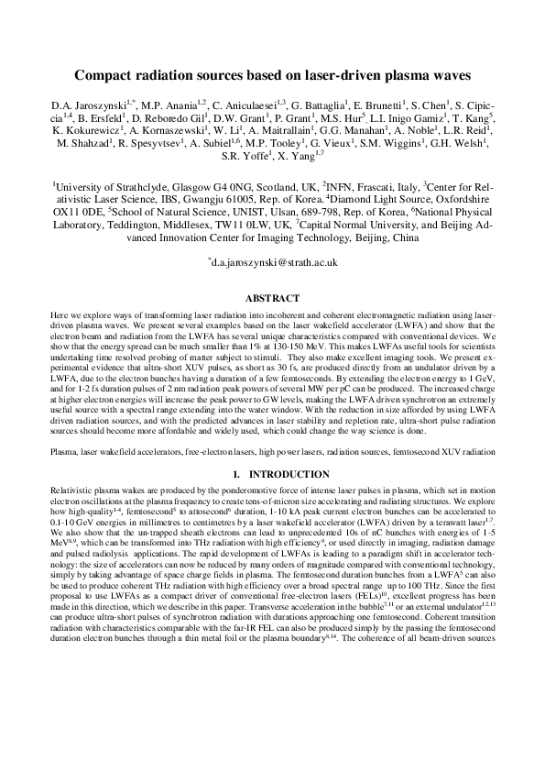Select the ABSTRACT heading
pos(272,299)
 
